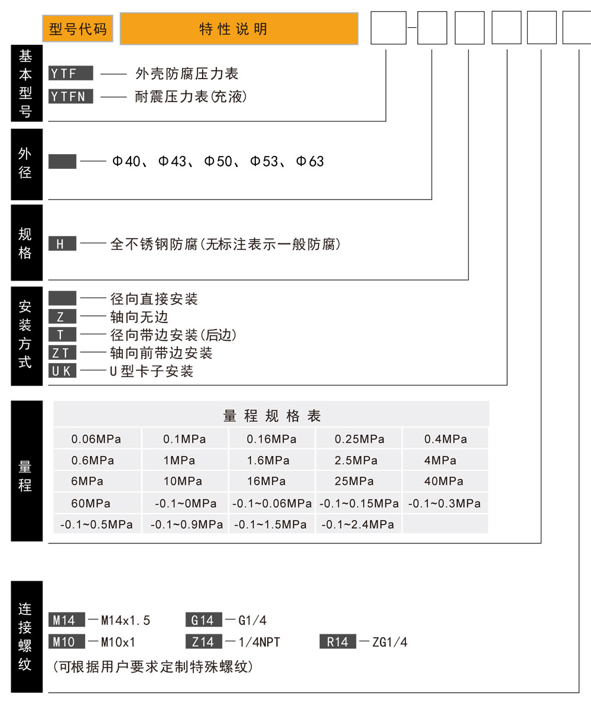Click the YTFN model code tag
[x=71, y=96]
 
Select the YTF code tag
[x=71, y=73]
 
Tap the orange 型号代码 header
[x=77, y=29]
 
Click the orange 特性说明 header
[x=239, y=29]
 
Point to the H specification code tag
[x=62, y=244]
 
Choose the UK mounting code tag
[x=62, y=371]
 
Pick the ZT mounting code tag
[x=62, y=353]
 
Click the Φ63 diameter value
[x=310, y=161]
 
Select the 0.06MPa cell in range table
[x=96, y=439]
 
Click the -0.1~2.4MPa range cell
[x=358, y=524]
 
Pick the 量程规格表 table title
[x=272, y=415]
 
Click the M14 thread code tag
[x=66, y=620]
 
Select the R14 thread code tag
[x=338, y=641]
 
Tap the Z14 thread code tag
[x=203, y=641]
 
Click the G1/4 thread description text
[x=252, y=620]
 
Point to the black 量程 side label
[x=27, y=471]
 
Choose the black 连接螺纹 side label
[x=27, y=637]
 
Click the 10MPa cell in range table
[x=183, y=481]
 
